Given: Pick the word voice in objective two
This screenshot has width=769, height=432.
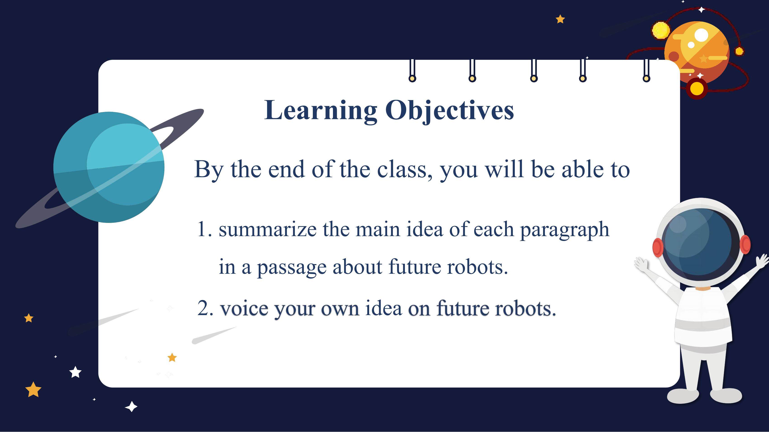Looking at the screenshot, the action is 244,308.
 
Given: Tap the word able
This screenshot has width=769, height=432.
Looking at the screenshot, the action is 582,169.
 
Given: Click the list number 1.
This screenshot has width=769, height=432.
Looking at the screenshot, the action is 204,230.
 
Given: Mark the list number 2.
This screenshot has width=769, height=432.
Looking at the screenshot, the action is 205,308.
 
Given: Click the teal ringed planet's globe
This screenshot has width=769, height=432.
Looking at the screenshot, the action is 109,167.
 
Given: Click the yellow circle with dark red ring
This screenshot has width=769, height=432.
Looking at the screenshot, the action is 697,88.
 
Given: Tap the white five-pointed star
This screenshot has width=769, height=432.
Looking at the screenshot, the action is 76,372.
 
